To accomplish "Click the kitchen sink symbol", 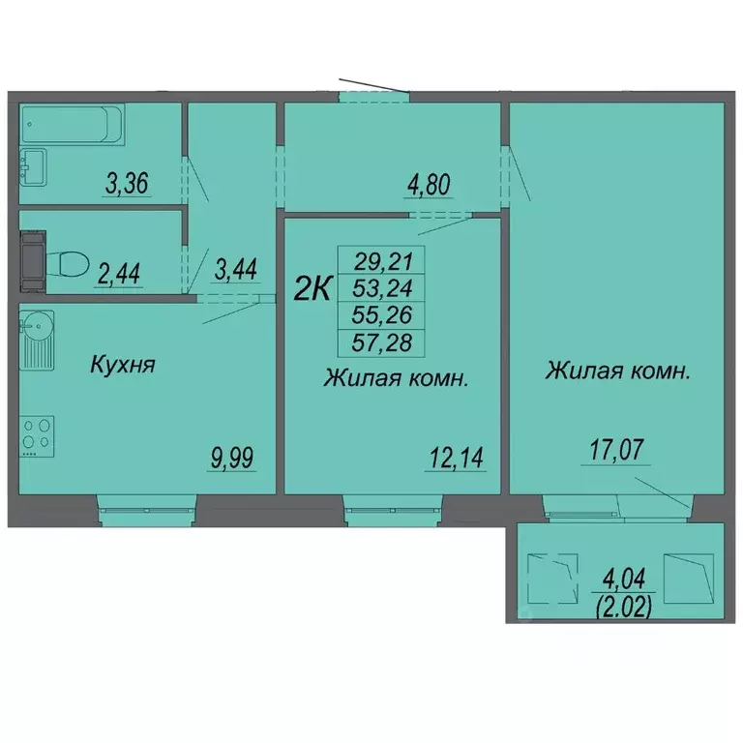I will click(37, 327).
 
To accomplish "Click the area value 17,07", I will click(614, 450).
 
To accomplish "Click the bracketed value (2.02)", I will click(623, 607).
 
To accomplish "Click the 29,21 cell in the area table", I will click(382, 260).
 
